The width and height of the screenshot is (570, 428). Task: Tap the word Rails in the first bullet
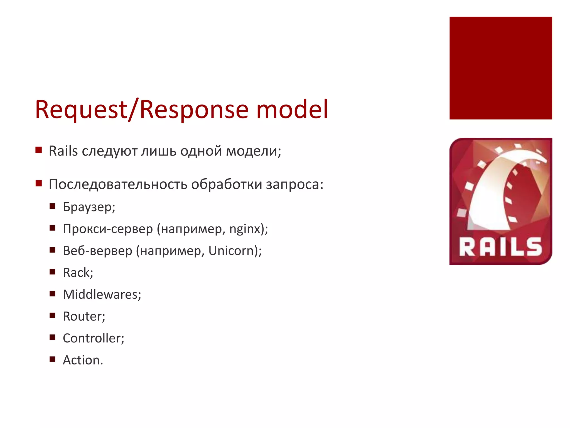pyautogui.click(x=63, y=151)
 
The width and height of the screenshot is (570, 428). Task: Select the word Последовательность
pyautogui.click(x=118, y=184)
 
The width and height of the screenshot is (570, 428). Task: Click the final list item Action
pyautogui.click(x=82, y=360)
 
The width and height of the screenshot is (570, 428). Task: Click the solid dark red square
pyautogui.click(x=500, y=68)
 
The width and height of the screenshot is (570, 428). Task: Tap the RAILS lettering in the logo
pyautogui.click(x=500, y=247)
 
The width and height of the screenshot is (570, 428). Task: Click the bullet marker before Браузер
pyautogui.click(x=52, y=206)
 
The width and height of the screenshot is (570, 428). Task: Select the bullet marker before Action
pyautogui.click(x=52, y=359)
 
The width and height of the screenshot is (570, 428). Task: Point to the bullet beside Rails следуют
pyautogui.click(x=38, y=150)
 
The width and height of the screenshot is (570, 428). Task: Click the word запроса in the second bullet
pyautogui.click(x=294, y=184)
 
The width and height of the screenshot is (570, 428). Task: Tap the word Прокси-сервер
pyautogui.click(x=108, y=229)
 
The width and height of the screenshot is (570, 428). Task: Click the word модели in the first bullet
pyautogui.click(x=253, y=151)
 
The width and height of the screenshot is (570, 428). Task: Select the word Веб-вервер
pyautogui.click(x=97, y=251)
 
